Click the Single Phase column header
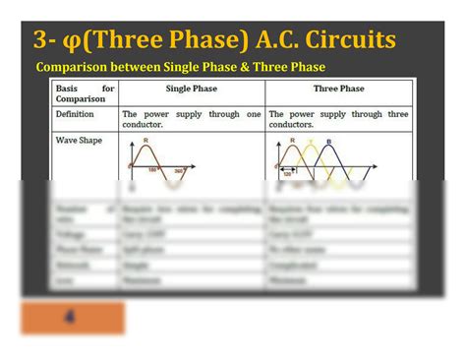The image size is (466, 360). [x=192, y=89]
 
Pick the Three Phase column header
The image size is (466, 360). [x=339, y=89]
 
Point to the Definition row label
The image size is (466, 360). [x=76, y=114]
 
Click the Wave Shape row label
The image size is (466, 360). [x=78, y=142]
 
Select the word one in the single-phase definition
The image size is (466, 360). [x=253, y=114]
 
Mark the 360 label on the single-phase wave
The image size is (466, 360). [x=179, y=172]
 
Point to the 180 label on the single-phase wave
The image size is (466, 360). [x=153, y=169]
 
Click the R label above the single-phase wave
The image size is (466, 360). [x=146, y=142]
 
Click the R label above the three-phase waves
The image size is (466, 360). [x=292, y=142]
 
